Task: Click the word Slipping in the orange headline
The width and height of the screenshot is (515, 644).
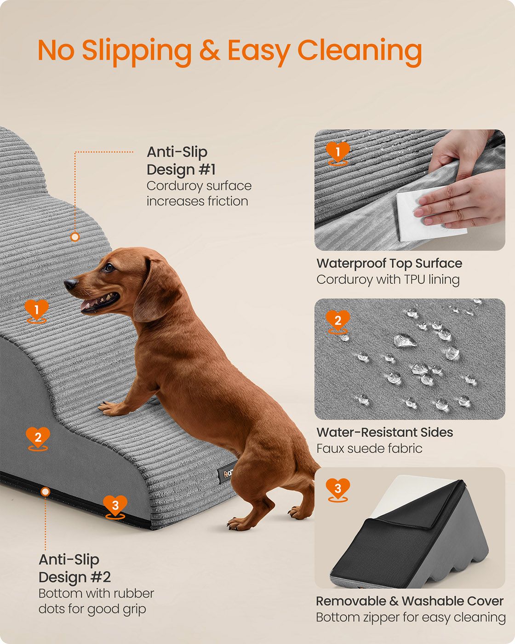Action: click(x=137, y=52)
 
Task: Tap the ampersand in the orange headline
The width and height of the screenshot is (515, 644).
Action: click(x=210, y=50)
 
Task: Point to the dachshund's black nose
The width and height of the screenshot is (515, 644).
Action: click(x=70, y=283)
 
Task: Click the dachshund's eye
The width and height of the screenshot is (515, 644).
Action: click(x=109, y=267)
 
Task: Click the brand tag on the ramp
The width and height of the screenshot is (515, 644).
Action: click(x=225, y=472)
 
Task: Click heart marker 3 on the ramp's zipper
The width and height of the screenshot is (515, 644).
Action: click(x=115, y=507)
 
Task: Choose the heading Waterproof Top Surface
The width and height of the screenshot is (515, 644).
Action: click(x=389, y=263)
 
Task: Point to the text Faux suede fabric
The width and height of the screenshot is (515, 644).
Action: click(x=369, y=448)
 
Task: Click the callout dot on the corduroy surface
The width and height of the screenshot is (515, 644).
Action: click(x=75, y=237)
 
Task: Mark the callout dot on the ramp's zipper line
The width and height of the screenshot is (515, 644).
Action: click(x=46, y=491)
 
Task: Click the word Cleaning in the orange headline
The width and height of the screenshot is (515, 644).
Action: click(x=360, y=52)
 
